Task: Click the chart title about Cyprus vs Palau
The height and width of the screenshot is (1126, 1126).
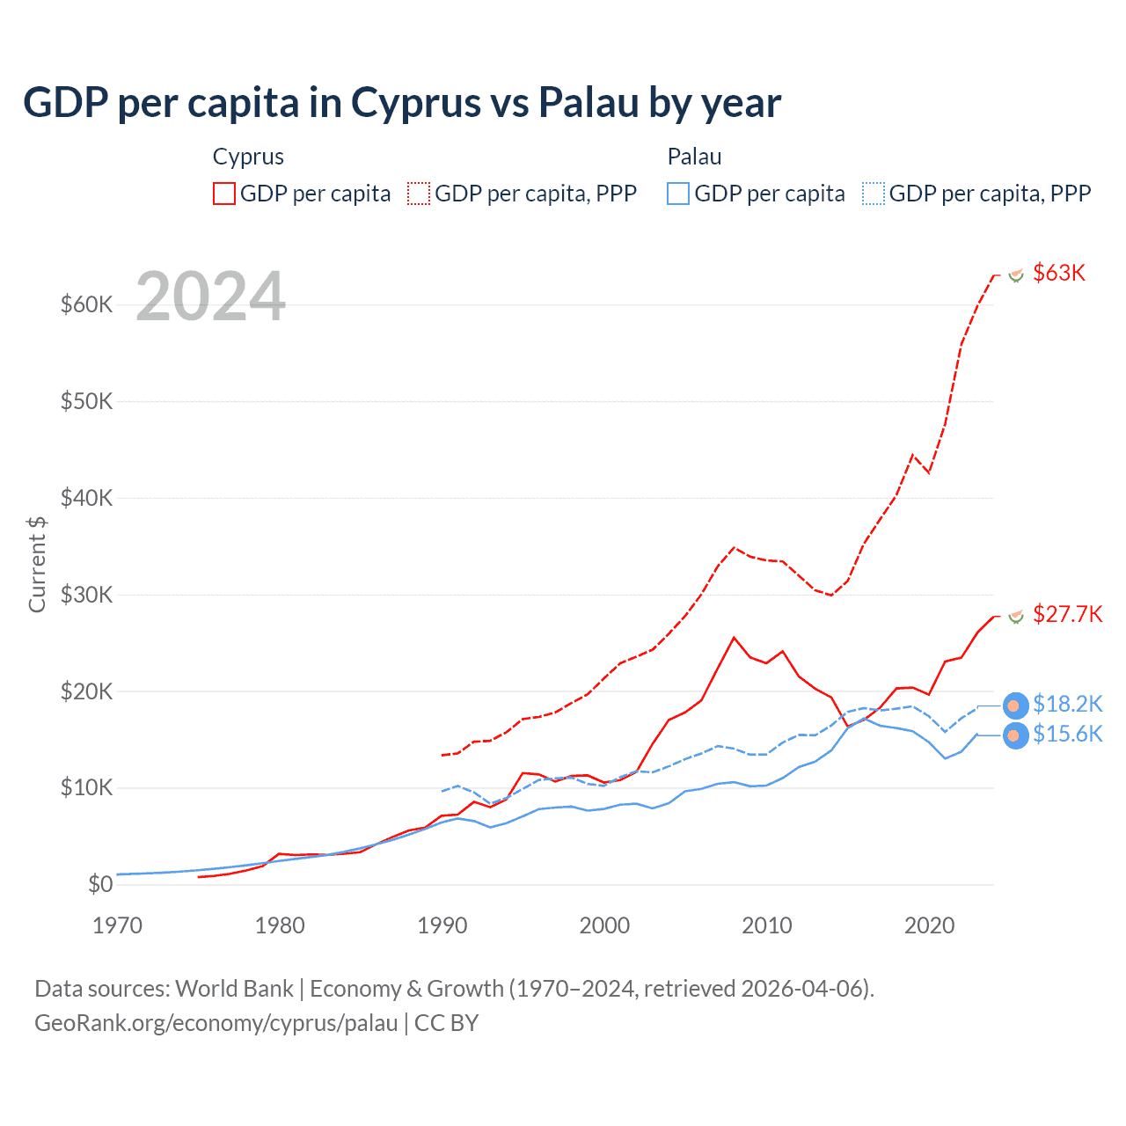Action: [401, 103]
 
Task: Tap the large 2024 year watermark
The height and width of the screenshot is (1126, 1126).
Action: [211, 296]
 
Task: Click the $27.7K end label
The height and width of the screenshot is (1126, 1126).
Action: [1067, 614]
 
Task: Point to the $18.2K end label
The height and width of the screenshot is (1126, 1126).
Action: [1067, 704]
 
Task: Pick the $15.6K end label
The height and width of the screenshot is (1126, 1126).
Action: [1067, 734]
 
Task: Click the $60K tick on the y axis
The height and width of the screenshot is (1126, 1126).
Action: [86, 304]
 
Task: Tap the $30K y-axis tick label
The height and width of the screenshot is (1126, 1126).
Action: [86, 595]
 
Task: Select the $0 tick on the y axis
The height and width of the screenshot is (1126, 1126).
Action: [100, 884]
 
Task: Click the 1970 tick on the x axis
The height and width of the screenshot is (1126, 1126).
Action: [117, 925]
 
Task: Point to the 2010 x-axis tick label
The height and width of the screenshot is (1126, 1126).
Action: [767, 925]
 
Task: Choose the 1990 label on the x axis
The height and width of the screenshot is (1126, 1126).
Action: [442, 925]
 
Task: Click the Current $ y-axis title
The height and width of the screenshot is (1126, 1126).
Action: [37, 564]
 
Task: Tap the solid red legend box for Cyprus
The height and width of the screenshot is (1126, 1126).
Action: [224, 194]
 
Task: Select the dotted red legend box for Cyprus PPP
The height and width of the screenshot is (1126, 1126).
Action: [419, 194]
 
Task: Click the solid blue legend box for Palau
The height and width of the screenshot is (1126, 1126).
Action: [678, 194]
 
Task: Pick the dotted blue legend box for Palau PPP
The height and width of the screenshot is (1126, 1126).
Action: [874, 194]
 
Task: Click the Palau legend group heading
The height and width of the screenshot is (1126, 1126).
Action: [694, 157]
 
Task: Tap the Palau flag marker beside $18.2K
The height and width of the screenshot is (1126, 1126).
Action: [1015, 706]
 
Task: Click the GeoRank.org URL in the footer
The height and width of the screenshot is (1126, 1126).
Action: [216, 1023]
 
